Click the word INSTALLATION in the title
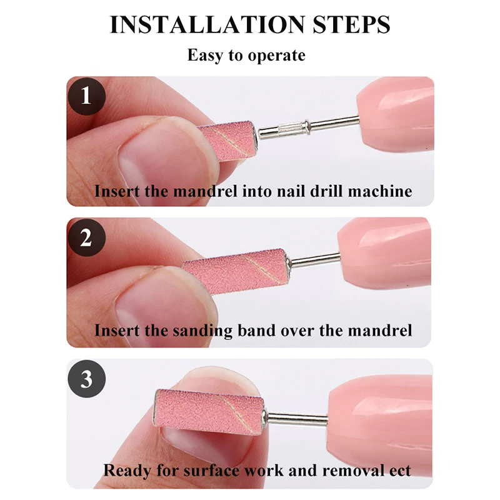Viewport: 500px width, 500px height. point(207,24)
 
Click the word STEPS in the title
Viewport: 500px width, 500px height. point(351,24)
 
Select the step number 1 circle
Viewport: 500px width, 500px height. point(86,96)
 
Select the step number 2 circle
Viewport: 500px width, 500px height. point(86,237)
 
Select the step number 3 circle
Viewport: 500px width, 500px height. point(86,379)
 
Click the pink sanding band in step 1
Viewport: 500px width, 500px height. point(227,141)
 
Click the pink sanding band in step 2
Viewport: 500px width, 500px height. point(237,271)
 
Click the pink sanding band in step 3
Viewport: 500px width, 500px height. point(210,412)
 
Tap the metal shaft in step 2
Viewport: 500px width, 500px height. point(315,260)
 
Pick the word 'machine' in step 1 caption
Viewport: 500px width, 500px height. point(380,192)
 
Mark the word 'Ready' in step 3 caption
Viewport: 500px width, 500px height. point(127,471)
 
